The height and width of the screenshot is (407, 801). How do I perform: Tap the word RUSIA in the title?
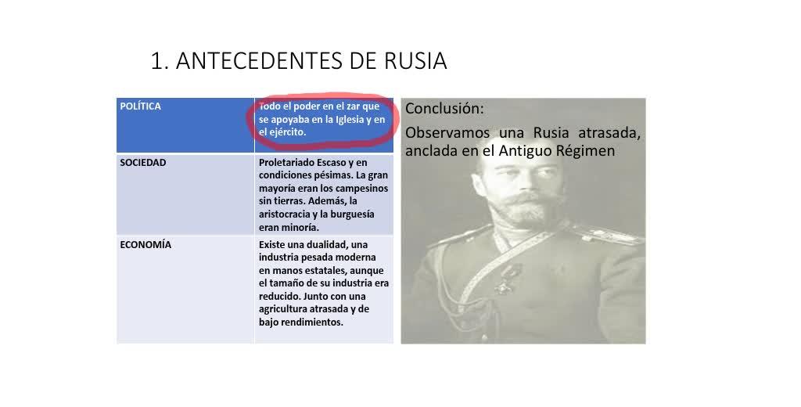(415, 61)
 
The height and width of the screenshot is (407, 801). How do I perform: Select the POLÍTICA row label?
(141, 106)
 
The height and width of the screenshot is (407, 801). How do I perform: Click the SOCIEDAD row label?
(143, 163)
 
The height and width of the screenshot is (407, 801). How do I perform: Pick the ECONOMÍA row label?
(145, 244)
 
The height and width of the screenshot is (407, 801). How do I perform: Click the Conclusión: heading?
(444, 108)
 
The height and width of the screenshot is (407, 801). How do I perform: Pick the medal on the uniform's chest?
(507, 279)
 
